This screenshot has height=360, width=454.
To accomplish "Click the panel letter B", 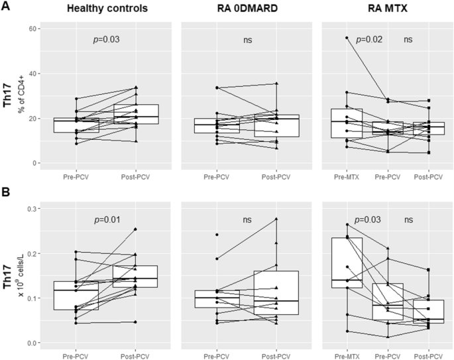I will pos(6,194).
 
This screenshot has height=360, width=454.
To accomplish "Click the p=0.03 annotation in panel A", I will pos(106,40).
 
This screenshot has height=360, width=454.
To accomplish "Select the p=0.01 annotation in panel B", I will pos(106,218).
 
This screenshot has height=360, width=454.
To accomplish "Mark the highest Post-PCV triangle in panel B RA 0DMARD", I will pos(276,219).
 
